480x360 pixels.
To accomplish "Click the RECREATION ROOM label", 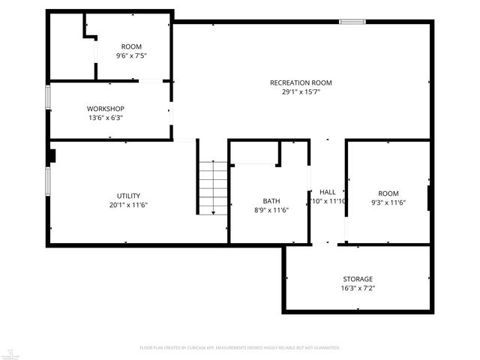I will pyautogui.click(x=301, y=82).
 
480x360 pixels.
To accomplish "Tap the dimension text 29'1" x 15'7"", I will pyautogui.click(x=301, y=92).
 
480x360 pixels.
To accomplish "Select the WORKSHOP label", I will pyautogui.click(x=105, y=109).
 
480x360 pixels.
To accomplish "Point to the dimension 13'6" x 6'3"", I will pyautogui.click(x=105, y=118).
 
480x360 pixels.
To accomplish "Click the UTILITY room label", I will pyautogui.click(x=127, y=196).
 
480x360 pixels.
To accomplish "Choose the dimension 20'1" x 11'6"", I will pyautogui.click(x=127, y=205).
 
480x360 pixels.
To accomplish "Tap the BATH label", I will pyautogui.click(x=271, y=201).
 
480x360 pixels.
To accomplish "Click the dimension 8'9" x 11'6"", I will pyautogui.click(x=271, y=210).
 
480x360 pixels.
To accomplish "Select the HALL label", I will pyautogui.click(x=328, y=192).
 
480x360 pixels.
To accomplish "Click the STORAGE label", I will pyautogui.click(x=358, y=279).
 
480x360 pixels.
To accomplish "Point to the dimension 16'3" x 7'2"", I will pyautogui.click(x=358, y=288).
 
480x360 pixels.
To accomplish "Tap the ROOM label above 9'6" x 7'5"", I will pyautogui.click(x=131, y=46).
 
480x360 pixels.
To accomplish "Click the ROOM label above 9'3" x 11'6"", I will pyautogui.click(x=388, y=193).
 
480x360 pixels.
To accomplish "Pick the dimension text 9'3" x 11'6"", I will pyautogui.click(x=388, y=202).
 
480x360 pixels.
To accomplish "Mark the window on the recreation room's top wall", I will pyautogui.click(x=352, y=22).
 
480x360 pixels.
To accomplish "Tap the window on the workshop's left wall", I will pyautogui.click(x=49, y=97).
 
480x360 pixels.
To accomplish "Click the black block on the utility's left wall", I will pyautogui.click(x=52, y=157).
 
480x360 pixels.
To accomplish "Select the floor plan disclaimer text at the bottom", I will pyautogui.click(x=240, y=347).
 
